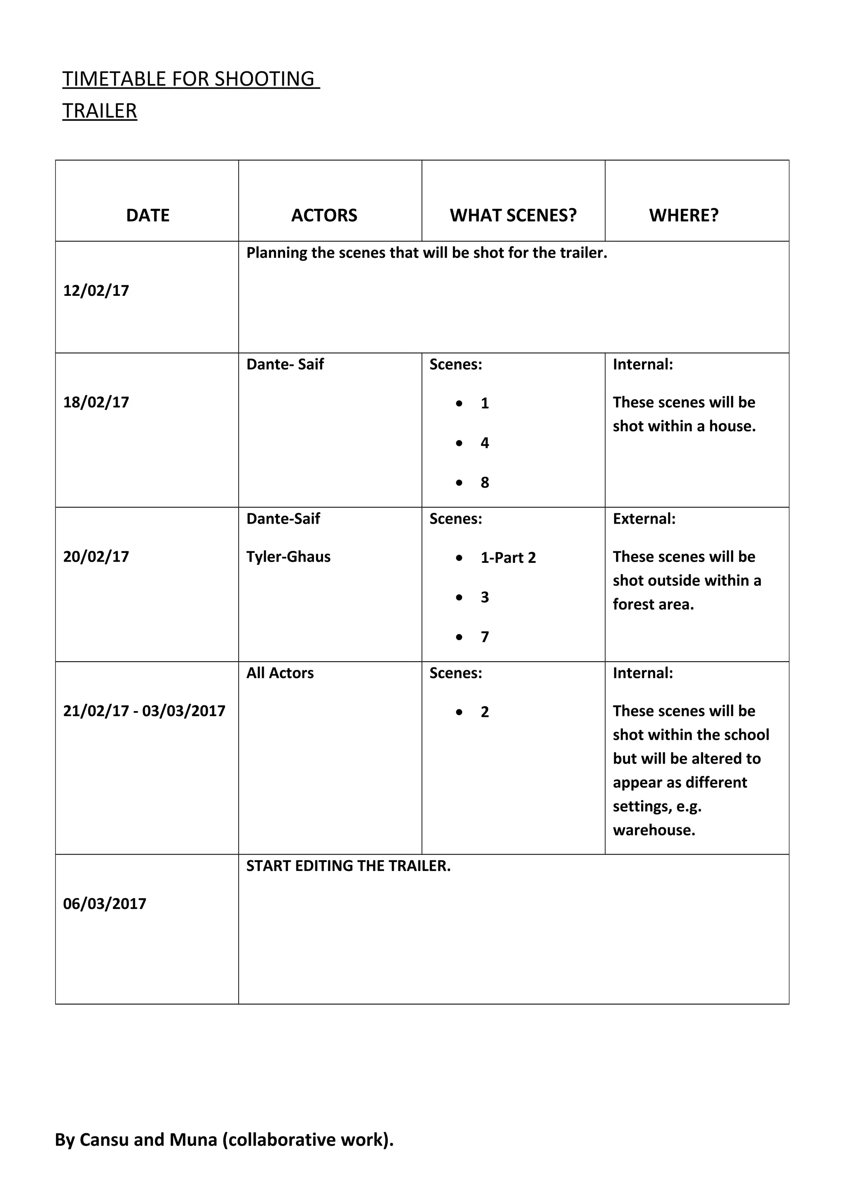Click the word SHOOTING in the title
[264, 79]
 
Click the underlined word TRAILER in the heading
[100, 111]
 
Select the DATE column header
[148, 215]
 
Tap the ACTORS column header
[324, 215]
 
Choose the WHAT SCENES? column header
[513, 215]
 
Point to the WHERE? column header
[683, 215]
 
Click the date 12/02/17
[96, 291]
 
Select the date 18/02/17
[96, 403]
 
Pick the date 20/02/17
[96, 557]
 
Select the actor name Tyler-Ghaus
[288, 557]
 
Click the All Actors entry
[280, 673]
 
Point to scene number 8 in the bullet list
[485, 482]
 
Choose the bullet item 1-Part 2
[508, 558]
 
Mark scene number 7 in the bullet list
[485, 637]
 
